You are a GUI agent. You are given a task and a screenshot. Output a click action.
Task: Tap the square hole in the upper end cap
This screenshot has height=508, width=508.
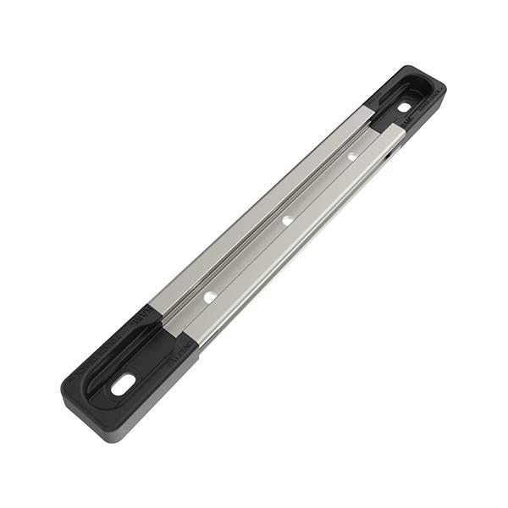click(404, 107)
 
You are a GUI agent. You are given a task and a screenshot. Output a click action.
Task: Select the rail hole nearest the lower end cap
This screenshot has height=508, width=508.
click(209, 297)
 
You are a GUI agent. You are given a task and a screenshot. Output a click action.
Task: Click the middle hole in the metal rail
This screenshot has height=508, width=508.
click(287, 220)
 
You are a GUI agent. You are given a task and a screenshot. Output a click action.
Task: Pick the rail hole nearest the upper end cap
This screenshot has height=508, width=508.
click(351, 157)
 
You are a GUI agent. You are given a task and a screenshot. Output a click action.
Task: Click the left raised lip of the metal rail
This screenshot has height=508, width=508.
click(254, 212)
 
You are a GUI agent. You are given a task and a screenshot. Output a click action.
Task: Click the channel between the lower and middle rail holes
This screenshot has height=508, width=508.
click(248, 258)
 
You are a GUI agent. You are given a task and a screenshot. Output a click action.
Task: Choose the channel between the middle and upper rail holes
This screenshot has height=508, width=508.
click(319, 188)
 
